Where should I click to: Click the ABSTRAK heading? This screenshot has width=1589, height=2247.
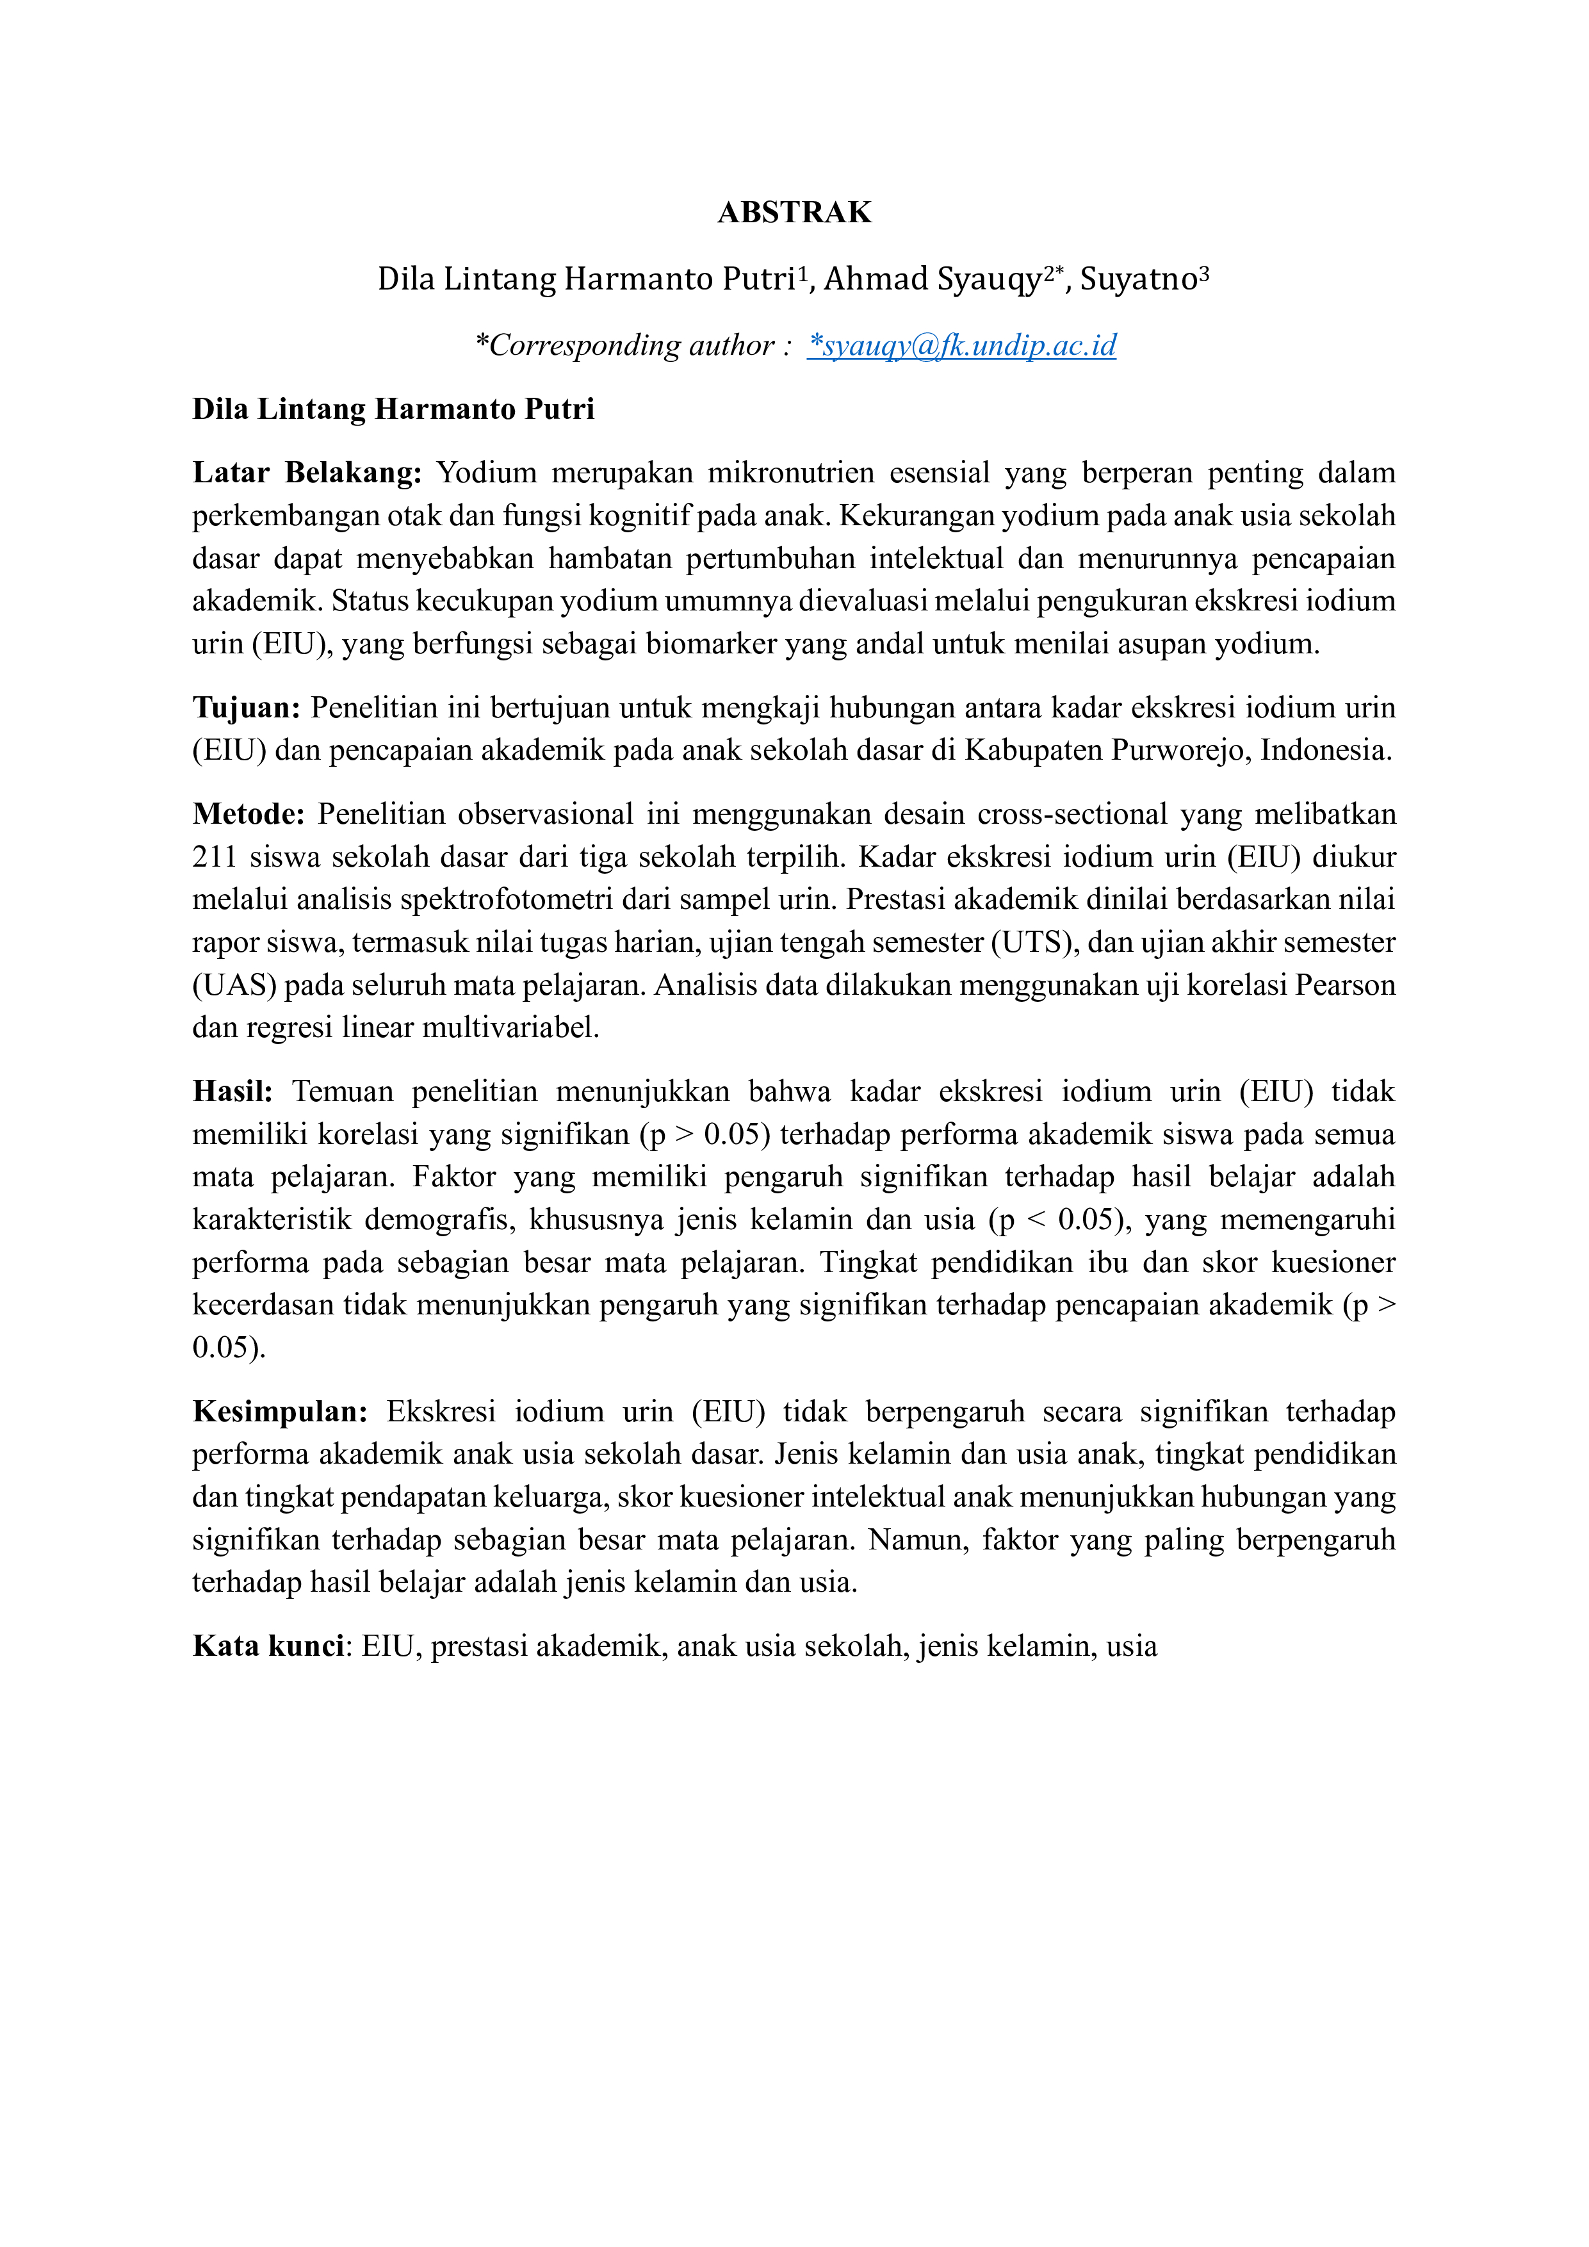tap(794, 213)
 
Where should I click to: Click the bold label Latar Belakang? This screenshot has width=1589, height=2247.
tap(306, 473)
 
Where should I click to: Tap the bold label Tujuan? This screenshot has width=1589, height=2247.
tap(245, 708)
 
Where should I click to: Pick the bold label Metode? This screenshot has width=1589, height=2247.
tap(249, 814)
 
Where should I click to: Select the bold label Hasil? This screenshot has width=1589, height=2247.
tap(232, 1091)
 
